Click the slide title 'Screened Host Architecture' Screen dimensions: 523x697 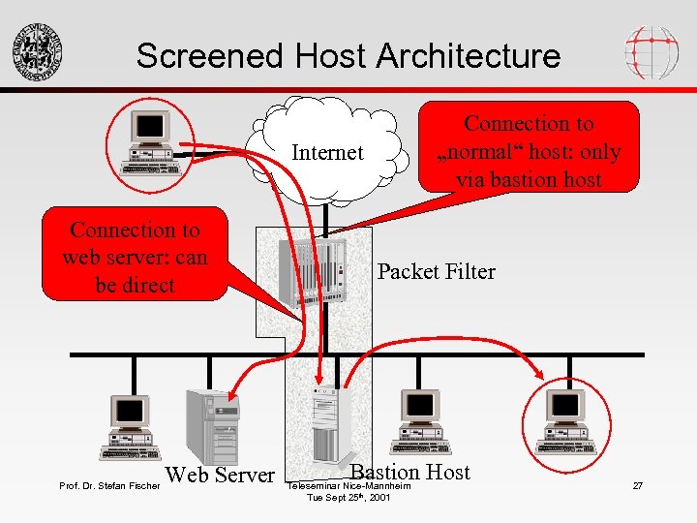pyautogui.click(x=348, y=55)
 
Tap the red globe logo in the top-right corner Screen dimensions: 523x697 pyautogui.click(x=652, y=51)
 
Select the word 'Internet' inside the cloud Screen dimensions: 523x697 pyautogui.click(x=327, y=153)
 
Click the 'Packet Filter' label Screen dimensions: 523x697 pyautogui.click(x=436, y=272)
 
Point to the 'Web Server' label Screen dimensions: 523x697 pyautogui.click(x=221, y=475)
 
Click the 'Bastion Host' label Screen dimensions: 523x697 pyautogui.click(x=410, y=472)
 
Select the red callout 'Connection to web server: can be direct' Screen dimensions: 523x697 pyautogui.click(x=135, y=258)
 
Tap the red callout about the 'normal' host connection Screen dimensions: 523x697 pyautogui.click(x=529, y=151)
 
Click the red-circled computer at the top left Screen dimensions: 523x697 pyautogui.click(x=150, y=141)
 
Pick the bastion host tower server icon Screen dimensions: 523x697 pyautogui.click(x=323, y=422)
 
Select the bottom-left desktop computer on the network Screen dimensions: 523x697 pyautogui.click(x=130, y=425)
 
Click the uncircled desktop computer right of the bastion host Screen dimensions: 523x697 pyautogui.click(x=420, y=423)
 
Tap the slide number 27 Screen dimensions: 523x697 pyautogui.click(x=637, y=484)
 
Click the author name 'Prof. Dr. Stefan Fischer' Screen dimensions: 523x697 pyautogui.click(x=109, y=485)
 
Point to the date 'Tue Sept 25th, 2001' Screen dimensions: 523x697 pyautogui.click(x=348, y=497)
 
